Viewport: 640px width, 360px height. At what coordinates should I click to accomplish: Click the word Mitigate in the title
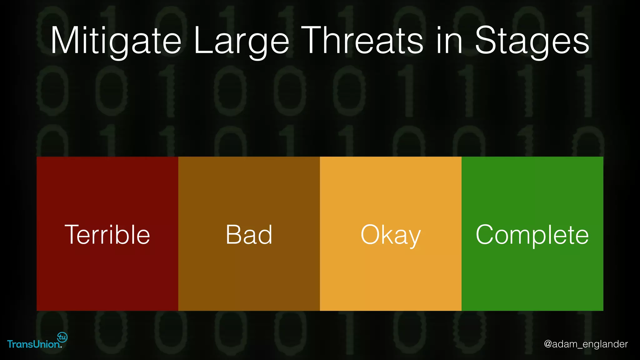click(x=116, y=41)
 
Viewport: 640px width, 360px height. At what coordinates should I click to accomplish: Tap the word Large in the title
click(x=241, y=41)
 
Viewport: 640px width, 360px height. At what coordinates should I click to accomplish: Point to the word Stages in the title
click(x=532, y=41)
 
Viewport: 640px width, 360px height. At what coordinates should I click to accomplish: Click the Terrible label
click(x=107, y=235)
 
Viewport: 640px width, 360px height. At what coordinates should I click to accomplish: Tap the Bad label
click(x=249, y=235)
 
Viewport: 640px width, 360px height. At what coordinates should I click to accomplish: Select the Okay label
click(x=391, y=235)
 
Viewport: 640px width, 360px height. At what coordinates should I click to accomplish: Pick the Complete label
click(x=532, y=235)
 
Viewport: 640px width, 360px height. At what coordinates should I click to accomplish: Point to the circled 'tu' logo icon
click(x=62, y=337)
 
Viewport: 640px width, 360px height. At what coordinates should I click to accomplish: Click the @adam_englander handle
click(x=586, y=344)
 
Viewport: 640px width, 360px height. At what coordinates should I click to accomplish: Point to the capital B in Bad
click(x=233, y=235)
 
